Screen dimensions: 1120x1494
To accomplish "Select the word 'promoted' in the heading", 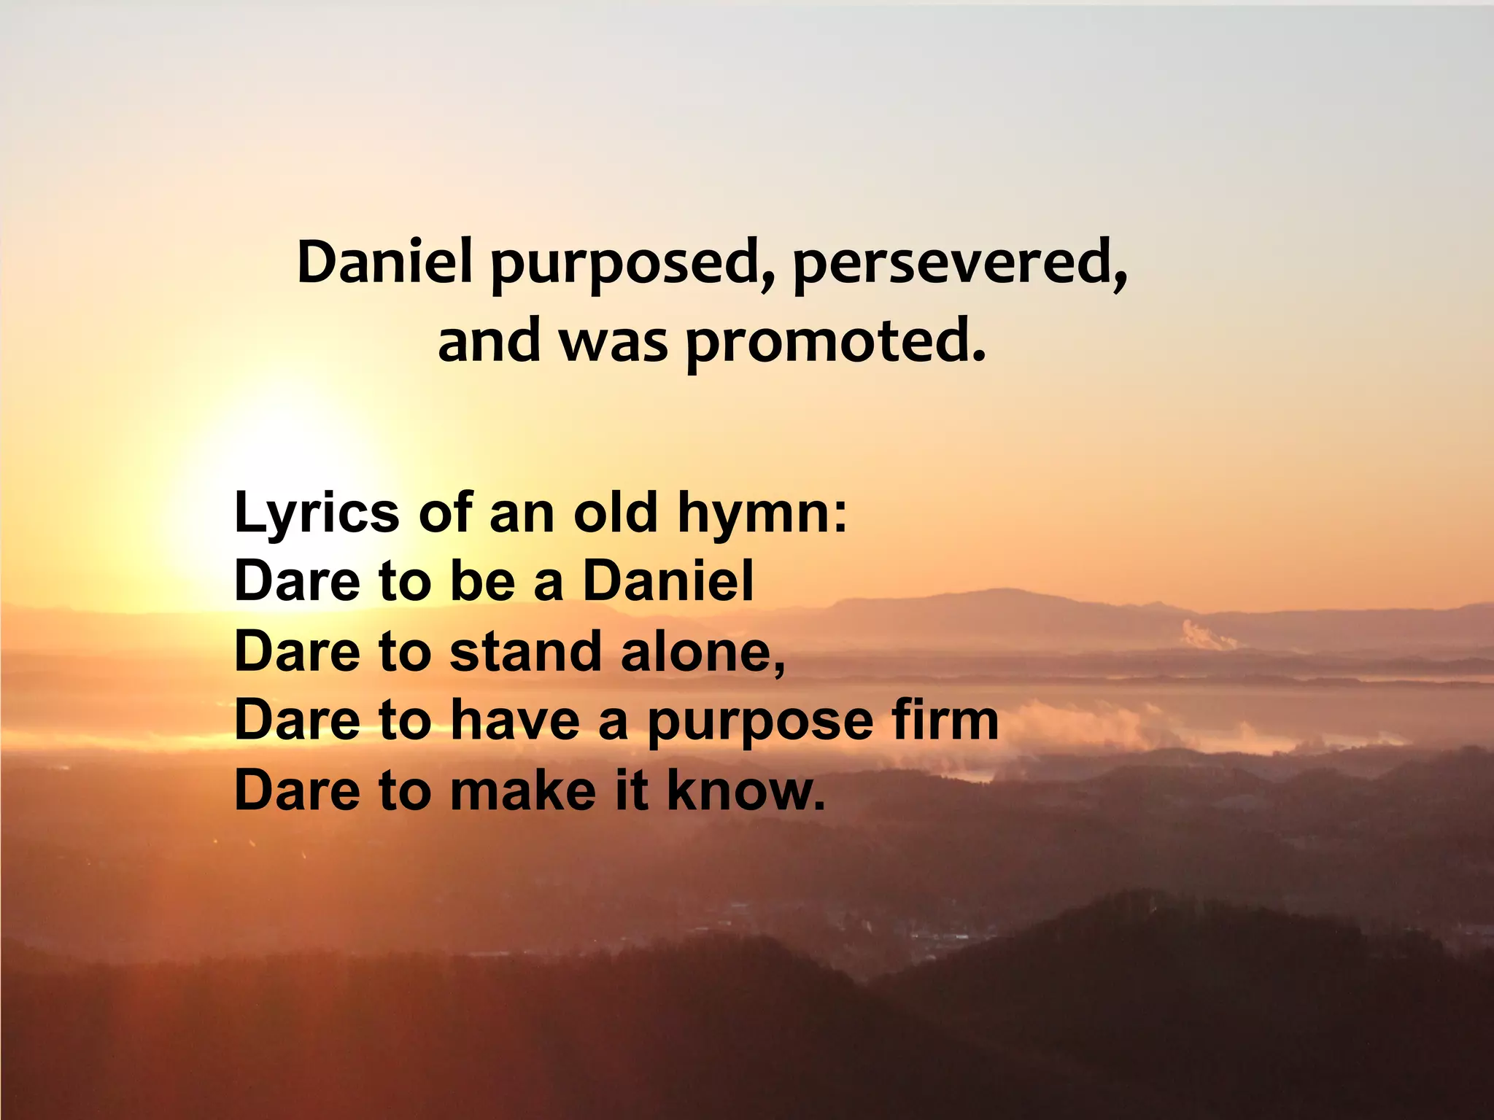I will (836, 343).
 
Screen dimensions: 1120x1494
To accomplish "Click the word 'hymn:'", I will (763, 513).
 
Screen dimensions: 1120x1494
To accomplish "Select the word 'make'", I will (523, 789).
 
